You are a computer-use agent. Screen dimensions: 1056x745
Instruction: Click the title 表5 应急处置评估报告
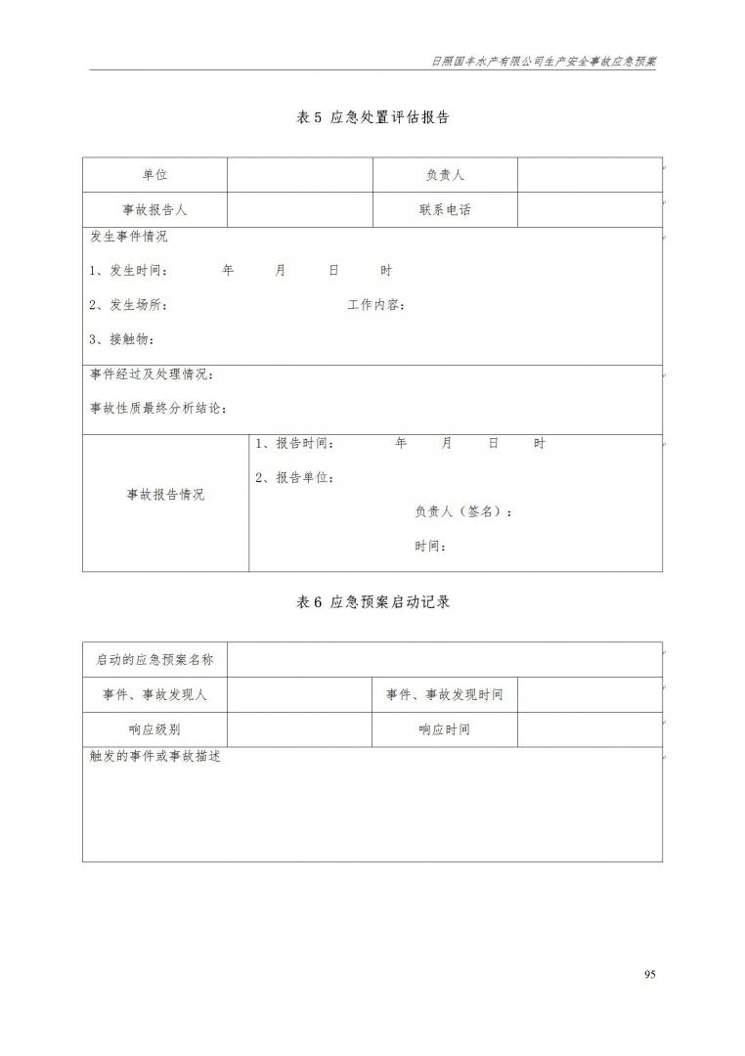(x=372, y=117)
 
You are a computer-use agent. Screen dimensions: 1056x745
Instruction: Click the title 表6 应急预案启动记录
(x=372, y=602)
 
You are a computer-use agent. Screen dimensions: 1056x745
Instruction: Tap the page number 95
(x=651, y=974)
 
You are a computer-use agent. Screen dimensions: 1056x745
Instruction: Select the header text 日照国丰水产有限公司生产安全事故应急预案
(x=544, y=60)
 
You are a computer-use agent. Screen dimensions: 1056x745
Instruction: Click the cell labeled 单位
(x=154, y=175)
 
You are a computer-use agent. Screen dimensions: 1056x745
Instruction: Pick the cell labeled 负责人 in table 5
(x=445, y=175)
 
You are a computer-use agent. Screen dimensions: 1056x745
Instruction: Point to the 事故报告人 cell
(x=154, y=209)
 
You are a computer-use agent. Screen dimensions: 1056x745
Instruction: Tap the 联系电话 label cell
(x=445, y=209)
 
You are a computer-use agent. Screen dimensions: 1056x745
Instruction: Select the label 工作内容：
(x=376, y=305)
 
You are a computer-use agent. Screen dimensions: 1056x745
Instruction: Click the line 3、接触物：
(x=121, y=339)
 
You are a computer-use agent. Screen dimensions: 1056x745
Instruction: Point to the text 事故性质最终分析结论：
(x=158, y=409)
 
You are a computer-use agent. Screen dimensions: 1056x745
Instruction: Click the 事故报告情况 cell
(x=165, y=495)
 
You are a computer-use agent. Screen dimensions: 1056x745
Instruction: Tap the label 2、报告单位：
(x=295, y=478)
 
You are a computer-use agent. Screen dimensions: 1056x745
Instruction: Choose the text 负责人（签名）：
(x=463, y=511)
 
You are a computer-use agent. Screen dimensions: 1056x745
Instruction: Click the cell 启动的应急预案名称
(x=154, y=660)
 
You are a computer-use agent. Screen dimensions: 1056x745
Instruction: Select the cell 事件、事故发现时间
(x=445, y=694)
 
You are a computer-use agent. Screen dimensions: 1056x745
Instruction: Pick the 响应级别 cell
(x=154, y=729)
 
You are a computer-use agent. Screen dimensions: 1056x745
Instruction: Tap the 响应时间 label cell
(x=445, y=729)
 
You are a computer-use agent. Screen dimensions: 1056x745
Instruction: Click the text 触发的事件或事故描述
(x=155, y=757)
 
